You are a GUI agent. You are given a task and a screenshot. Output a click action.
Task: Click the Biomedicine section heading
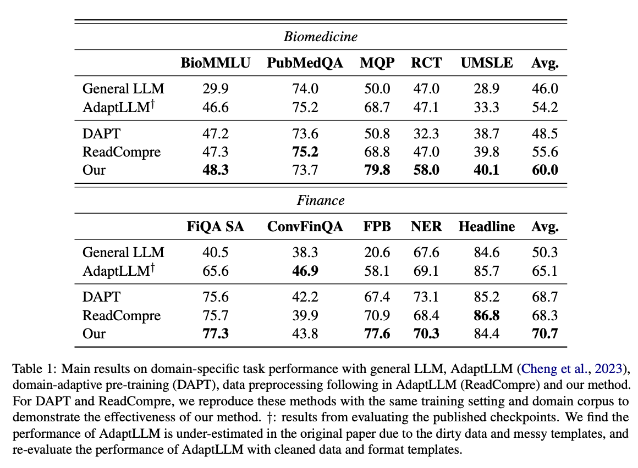321,37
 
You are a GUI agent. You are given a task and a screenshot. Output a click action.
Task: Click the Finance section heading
321,200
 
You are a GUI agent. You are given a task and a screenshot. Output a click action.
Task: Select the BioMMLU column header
215,63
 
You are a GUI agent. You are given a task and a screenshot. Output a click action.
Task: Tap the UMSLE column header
487,63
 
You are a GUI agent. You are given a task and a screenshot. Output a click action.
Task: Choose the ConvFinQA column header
305,226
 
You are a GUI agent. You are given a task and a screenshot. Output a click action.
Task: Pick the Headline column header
487,226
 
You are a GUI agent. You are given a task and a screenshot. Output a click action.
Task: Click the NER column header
426,226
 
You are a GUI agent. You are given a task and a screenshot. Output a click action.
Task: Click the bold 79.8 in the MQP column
377,170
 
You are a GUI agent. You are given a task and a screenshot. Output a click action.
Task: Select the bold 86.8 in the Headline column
487,315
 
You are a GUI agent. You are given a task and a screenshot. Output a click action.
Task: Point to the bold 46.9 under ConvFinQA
305,271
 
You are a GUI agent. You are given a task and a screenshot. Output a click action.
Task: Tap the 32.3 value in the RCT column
426,133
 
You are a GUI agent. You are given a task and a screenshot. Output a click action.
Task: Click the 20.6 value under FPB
377,252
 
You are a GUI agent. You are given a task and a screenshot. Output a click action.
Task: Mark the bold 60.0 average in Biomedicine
545,170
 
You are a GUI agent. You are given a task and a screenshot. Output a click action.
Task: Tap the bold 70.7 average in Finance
545,333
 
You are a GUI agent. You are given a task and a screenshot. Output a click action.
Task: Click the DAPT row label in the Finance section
101,297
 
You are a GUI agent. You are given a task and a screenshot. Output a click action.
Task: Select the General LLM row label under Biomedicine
123,88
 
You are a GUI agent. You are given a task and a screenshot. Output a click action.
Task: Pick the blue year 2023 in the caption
608,369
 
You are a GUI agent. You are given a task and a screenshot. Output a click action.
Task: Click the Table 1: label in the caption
35,369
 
